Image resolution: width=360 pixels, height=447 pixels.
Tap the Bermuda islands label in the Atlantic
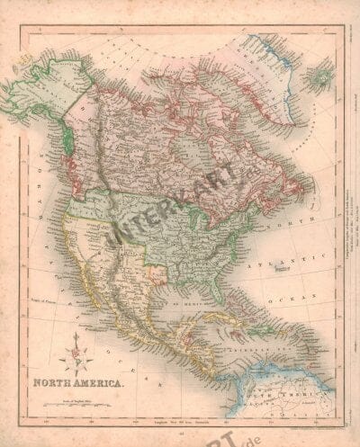tap(289, 269)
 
